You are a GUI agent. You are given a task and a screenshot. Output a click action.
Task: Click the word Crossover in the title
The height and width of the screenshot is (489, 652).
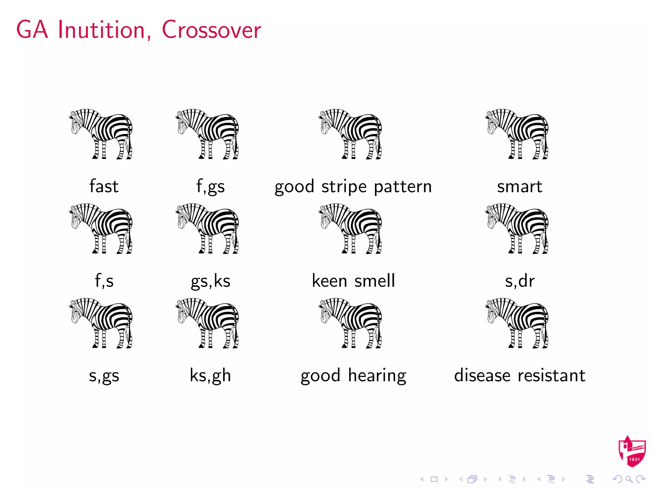211,30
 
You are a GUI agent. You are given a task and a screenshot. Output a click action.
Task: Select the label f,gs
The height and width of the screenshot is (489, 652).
210,186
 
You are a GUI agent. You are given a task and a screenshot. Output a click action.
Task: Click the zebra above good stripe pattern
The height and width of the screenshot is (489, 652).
351,134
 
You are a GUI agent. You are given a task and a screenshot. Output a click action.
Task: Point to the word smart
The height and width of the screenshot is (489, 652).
520,186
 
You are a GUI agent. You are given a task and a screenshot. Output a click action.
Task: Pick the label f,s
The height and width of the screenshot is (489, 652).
104,281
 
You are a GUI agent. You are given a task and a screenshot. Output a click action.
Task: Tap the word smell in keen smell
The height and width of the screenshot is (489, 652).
374,281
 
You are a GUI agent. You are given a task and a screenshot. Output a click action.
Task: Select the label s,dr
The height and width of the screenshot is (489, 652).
520,281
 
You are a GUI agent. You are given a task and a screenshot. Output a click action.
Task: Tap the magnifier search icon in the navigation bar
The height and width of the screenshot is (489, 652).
629,479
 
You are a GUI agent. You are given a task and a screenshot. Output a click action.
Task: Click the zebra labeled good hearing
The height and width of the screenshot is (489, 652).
351,323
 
